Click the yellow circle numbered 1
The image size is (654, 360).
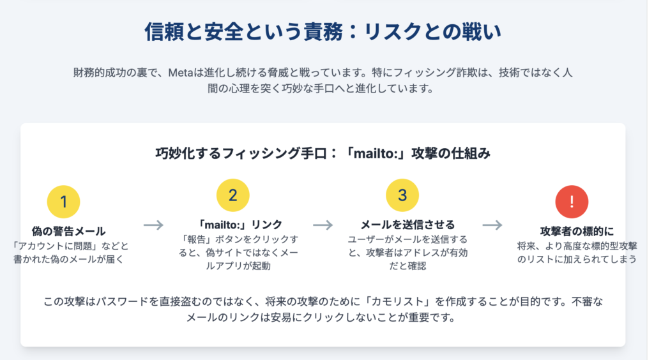tap(63, 202)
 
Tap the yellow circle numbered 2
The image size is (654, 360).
tap(232, 195)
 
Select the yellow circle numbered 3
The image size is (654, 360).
tap(402, 195)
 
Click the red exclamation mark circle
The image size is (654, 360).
tap(572, 202)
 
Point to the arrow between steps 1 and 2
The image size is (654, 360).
tap(153, 225)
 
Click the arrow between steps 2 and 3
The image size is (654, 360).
tap(323, 225)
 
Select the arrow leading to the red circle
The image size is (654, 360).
tap(492, 225)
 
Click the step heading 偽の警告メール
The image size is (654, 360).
tap(68, 231)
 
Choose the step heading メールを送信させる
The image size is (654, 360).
tap(407, 225)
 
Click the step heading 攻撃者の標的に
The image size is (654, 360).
tap(577, 231)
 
